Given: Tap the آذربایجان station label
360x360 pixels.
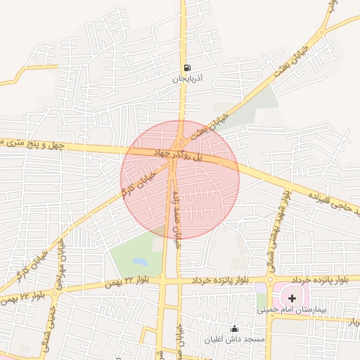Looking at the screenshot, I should (x=188, y=79).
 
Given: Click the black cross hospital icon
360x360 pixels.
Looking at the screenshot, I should (x=292, y=298).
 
